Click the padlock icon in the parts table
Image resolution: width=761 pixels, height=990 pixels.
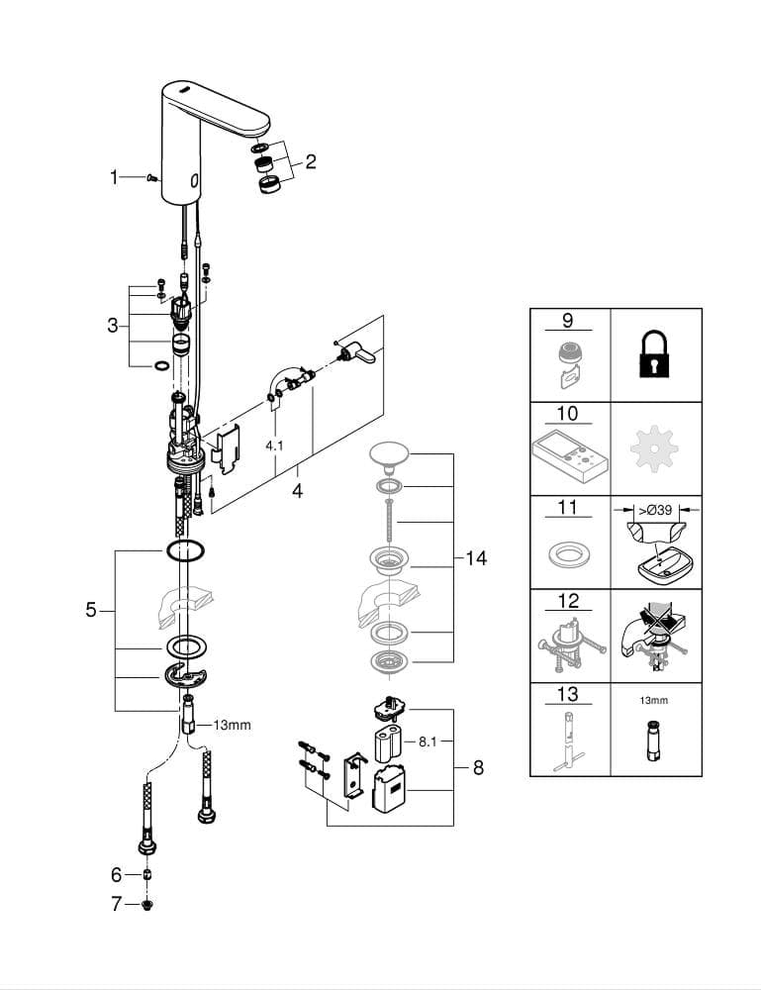654,353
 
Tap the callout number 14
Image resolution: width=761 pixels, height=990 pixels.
476,558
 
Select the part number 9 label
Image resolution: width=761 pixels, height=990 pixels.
567,320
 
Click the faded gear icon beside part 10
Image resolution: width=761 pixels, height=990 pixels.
654,448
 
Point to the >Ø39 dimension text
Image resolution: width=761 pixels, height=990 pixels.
656,510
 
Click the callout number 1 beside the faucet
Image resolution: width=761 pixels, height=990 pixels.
114,177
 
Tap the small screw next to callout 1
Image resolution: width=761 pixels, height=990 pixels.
151,178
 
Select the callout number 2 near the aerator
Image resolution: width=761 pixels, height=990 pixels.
311,161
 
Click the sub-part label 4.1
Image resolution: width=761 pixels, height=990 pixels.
274,445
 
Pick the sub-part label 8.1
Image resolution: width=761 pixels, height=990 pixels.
428,742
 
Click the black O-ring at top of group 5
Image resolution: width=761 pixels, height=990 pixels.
185,549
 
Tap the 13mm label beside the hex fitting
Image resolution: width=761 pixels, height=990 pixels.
233,725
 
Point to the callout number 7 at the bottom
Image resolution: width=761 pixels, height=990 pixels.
116,904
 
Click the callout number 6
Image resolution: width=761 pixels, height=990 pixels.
116,874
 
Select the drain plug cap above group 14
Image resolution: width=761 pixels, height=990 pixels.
389,454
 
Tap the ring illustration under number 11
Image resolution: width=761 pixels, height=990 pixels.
569,555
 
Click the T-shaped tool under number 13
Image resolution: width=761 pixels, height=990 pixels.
569,742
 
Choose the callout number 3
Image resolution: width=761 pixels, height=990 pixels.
113,326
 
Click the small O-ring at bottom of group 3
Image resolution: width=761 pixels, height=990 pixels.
161,365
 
